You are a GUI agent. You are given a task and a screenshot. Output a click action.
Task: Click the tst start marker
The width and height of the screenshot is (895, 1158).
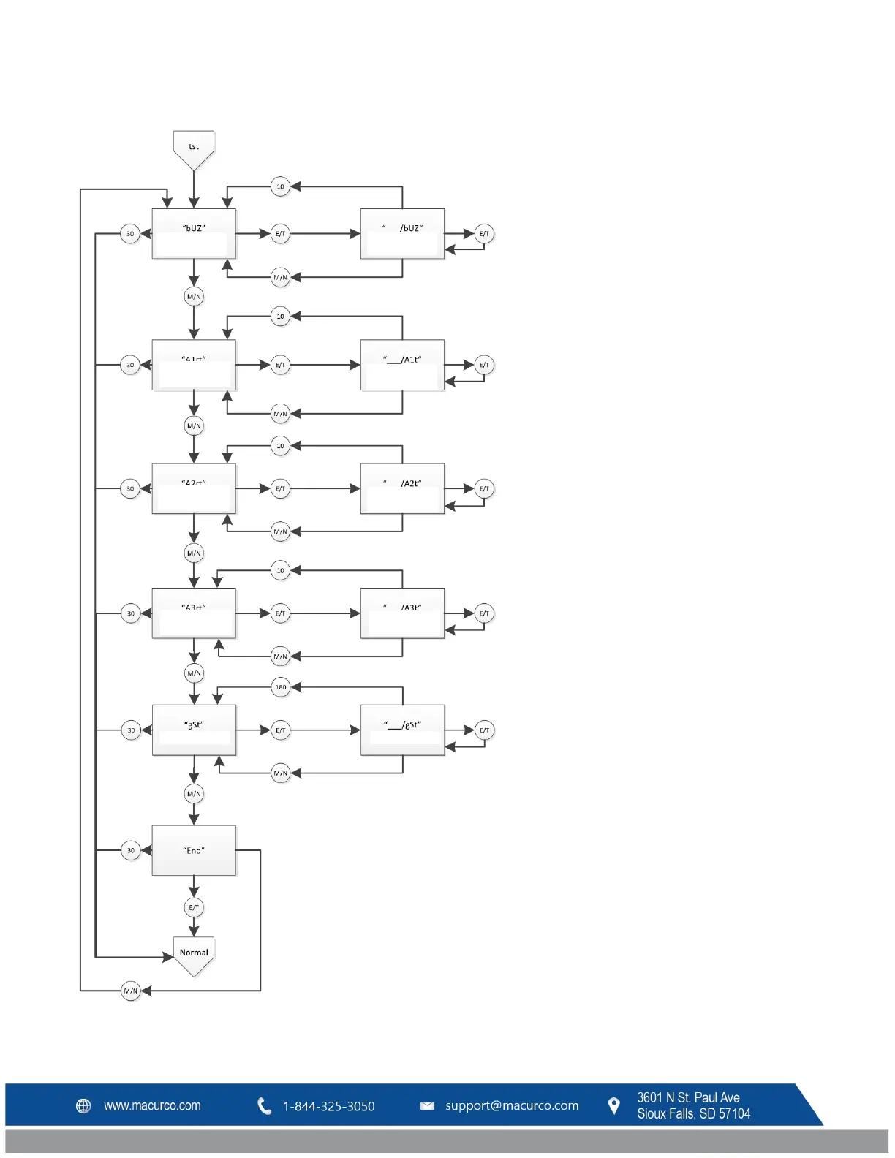(194, 148)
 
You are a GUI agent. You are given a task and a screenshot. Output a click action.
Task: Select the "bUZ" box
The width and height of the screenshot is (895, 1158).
(194, 234)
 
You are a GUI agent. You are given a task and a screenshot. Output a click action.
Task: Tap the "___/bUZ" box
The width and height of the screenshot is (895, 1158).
(402, 234)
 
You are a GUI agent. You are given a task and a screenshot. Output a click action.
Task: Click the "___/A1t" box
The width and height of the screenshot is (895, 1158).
(402, 365)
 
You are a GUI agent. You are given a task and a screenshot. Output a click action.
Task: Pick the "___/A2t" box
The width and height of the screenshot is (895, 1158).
(402, 488)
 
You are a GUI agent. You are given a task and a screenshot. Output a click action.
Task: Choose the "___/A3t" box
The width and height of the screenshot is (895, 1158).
(402, 613)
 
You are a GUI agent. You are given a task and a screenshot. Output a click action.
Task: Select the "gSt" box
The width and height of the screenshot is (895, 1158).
(194, 730)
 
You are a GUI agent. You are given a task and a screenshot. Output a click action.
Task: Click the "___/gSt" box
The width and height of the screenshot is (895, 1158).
(402, 730)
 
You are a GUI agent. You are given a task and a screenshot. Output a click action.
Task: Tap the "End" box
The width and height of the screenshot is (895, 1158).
(194, 850)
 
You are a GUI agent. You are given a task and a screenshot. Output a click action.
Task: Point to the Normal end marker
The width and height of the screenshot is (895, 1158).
(194, 954)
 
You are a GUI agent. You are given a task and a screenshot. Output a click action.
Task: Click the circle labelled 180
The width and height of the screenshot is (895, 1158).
(281, 687)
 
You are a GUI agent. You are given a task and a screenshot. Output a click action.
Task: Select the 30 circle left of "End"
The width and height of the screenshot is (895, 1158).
(131, 850)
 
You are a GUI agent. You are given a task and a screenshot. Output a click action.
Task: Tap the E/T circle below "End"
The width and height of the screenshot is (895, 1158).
(194, 908)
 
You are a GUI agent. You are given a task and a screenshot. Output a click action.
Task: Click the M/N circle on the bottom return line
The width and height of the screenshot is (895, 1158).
(131, 991)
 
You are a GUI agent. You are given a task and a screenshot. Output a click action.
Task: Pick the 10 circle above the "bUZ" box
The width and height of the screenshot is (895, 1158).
(280, 186)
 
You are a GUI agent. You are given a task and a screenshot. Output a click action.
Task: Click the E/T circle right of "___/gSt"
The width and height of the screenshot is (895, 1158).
(484, 730)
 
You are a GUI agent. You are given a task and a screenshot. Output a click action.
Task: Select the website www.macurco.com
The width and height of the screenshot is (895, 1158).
(152, 1105)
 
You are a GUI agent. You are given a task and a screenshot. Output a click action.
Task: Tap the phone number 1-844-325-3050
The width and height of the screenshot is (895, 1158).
(328, 1106)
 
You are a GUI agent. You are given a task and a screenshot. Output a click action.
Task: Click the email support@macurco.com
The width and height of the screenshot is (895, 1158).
(512, 1105)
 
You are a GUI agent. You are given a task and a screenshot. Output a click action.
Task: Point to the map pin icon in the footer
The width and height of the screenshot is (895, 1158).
(614, 1105)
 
